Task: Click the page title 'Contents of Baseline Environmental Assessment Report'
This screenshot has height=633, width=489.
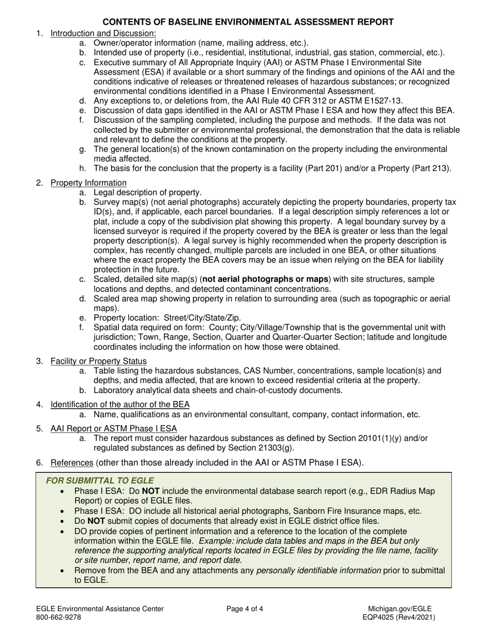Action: [248, 22]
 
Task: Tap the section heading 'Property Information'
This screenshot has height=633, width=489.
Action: [88, 183]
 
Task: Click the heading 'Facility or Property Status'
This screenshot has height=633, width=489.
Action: [98, 361]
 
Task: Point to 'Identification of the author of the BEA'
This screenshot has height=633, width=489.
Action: [119, 404]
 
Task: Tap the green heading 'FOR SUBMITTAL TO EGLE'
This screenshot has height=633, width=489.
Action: [93, 481]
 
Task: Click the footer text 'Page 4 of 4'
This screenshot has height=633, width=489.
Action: [244, 609]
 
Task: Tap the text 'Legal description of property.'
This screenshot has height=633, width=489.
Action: [148, 192]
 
